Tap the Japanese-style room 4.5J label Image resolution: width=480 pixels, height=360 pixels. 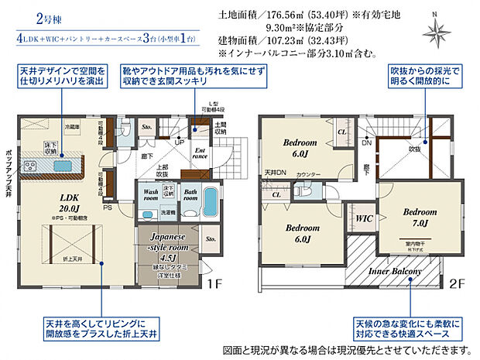click(164, 249)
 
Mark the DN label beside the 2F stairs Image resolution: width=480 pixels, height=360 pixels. click(366, 143)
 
